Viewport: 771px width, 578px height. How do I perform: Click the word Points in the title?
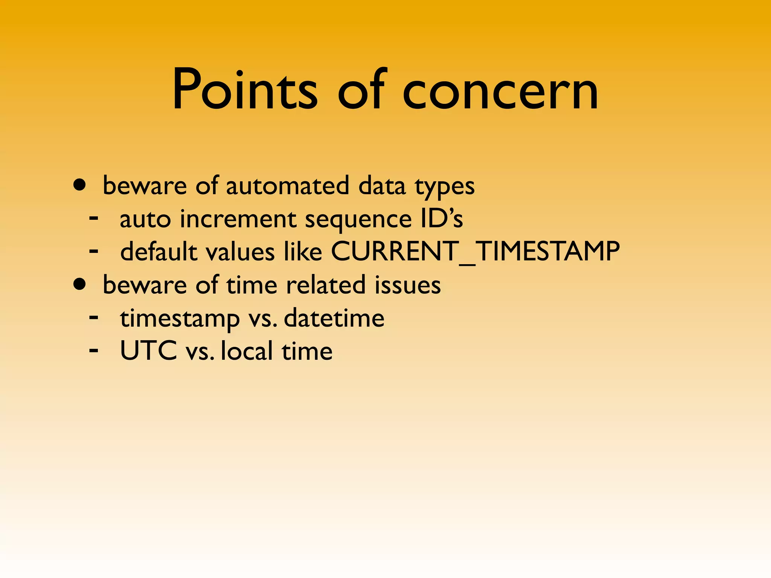(x=245, y=90)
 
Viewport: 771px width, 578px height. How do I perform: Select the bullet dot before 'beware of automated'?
(x=80, y=185)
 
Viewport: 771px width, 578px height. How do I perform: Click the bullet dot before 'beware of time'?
(x=80, y=284)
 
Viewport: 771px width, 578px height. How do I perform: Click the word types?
(x=444, y=187)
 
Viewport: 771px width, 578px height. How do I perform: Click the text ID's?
(x=442, y=218)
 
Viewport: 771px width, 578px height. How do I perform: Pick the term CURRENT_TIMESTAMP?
(x=475, y=251)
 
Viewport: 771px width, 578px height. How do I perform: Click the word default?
(x=158, y=251)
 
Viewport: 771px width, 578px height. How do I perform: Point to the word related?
(x=326, y=285)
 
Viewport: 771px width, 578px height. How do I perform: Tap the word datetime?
(x=334, y=318)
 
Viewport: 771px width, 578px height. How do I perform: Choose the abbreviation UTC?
(x=148, y=351)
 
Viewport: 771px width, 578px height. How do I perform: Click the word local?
(x=247, y=351)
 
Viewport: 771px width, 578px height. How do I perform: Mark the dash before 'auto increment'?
(x=94, y=218)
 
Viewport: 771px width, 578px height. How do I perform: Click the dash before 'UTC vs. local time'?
(x=94, y=350)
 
